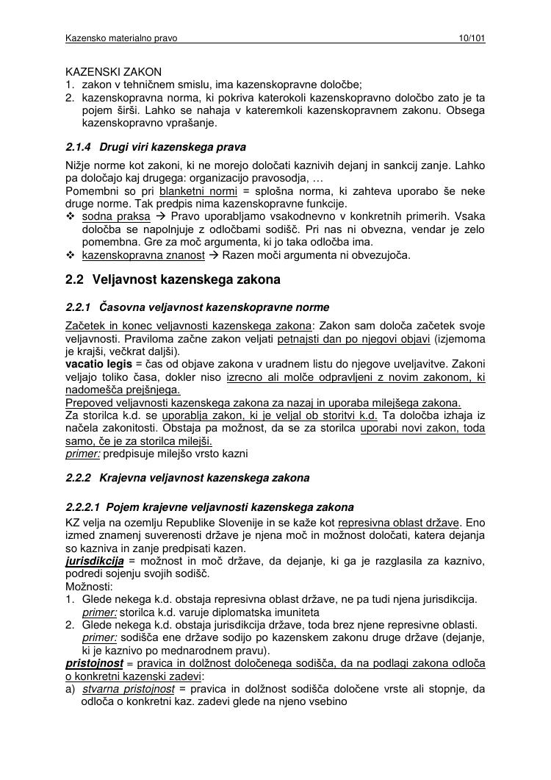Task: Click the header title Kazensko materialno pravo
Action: click(121, 37)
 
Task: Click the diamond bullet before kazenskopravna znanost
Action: click(71, 255)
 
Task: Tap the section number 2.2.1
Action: click(78, 307)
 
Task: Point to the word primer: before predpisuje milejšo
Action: click(82, 454)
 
